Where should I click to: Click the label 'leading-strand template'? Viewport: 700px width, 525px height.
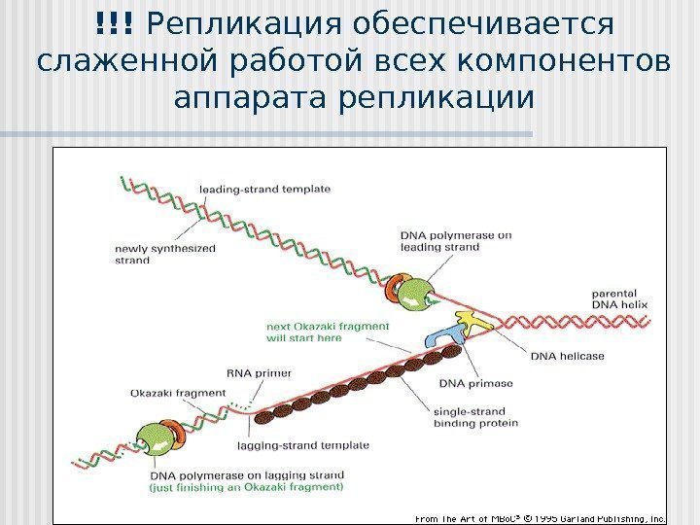(264, 189)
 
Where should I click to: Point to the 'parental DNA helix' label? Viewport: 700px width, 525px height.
(618, 297)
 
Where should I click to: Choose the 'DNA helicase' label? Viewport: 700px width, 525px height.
(567, 356)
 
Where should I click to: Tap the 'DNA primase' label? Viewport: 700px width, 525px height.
(465, 383)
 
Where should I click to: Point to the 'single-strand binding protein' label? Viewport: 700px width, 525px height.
(475, 416)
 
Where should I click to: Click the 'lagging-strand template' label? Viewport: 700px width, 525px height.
(303, 445)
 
